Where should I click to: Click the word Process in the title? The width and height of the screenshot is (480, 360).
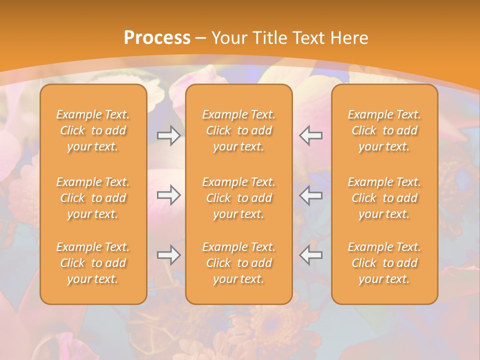[x=157, y=38]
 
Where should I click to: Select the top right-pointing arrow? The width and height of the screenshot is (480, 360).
[x=169, y=135]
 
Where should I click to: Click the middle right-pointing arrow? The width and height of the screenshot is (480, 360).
[x=169, y=195]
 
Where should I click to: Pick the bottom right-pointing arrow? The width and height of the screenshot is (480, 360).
[x=169, y=255]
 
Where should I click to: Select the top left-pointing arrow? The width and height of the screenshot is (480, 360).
[x=310, y=135]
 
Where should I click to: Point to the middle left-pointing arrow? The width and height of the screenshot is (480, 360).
[x=310, y=195]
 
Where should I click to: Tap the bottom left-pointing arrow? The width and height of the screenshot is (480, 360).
[x=310, y=255]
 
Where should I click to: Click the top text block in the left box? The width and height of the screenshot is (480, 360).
[x=93, y=130]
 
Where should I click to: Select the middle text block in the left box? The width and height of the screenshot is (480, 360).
[x=93, y=198]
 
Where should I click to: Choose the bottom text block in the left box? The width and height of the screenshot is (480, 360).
[x=93, y=263]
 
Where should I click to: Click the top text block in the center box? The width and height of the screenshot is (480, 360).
[x=238, y=130]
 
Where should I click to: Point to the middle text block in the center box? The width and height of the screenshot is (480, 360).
[x=238, y=198]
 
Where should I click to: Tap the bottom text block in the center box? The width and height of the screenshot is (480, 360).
[x=238, y=263]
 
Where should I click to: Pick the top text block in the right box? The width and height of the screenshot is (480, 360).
[x=384, y=130]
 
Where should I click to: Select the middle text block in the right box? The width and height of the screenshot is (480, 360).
[x=384, y=198]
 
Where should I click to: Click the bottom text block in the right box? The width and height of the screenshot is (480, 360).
[x=384, y=263]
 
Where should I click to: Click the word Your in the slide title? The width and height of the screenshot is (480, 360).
[x=228, y=38]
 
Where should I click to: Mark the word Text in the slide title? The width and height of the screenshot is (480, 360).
[x=307, y=38]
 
